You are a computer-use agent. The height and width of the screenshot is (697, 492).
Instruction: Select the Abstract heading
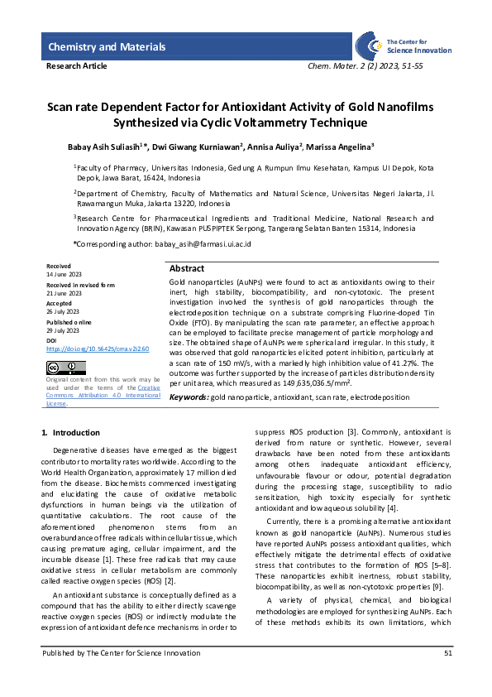point(187,269)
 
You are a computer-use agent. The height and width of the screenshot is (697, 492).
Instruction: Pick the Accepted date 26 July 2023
point(64,312)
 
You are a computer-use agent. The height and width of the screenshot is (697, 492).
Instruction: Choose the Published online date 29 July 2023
point(64,330)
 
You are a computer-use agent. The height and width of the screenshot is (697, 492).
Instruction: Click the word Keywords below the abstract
point(189,397)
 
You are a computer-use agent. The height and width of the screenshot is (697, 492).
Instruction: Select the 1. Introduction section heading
point(70,433)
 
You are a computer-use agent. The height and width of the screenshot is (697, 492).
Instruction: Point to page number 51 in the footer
point(447,676)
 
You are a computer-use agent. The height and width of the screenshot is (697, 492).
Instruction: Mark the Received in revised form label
point(80,285)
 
